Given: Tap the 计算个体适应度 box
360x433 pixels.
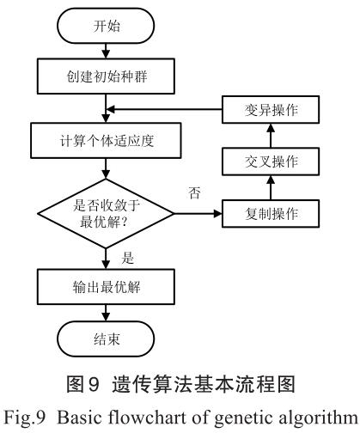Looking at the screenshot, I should [106, 138].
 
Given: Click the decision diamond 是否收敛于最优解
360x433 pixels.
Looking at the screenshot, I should [106, 212].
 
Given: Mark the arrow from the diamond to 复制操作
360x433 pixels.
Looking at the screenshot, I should [198, 212].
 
